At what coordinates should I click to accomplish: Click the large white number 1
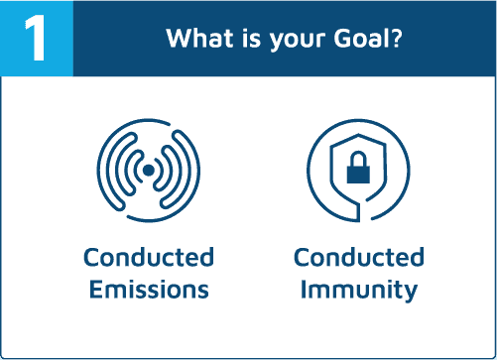point(36,38)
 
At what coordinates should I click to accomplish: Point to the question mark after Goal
point(395,38)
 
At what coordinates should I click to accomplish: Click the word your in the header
point(298,41)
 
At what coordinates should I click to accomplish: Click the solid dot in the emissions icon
point(148,171)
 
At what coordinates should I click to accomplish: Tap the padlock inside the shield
point(358,168)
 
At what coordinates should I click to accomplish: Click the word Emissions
point(149,290)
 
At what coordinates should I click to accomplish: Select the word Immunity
point(359,291)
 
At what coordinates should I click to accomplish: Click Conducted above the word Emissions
point(149,257)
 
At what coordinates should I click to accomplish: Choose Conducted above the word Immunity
point(359,257)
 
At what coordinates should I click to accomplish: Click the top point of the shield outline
point(358,134)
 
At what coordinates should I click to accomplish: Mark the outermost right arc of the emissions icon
point(191,170)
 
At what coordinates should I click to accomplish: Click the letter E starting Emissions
point(96,290)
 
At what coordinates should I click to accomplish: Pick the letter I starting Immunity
point(303,290)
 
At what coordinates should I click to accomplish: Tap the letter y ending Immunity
point(410,294)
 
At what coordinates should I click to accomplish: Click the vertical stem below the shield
point(359,212)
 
